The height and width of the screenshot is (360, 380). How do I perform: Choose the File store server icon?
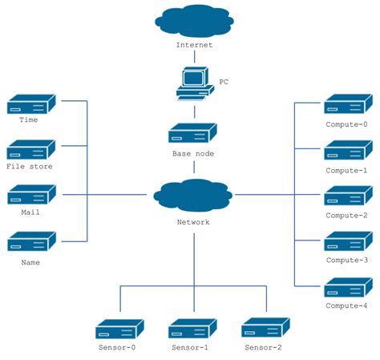coord(31,149)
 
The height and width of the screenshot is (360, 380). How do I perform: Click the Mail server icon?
coord(31,195)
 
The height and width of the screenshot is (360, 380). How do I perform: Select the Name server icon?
coord(31,242)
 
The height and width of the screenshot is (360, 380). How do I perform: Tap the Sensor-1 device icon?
coord(193,329)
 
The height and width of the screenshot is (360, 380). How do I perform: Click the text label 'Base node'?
coord(193,152)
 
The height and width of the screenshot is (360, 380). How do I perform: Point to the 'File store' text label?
coord(30,167)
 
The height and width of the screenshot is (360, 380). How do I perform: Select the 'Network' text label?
coord(192,222)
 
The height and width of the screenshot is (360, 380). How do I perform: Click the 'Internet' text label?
coord(195,45)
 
